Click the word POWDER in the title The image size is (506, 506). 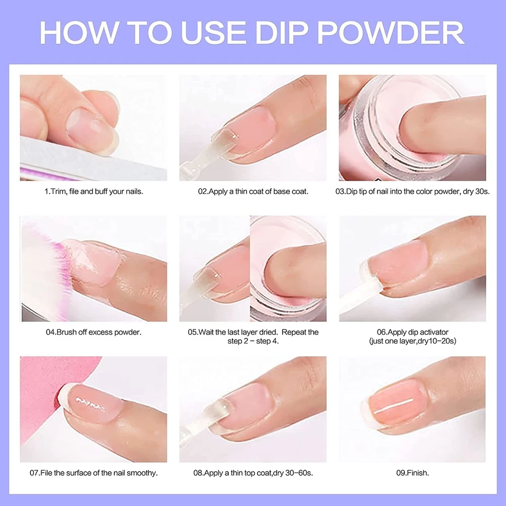point(391,32)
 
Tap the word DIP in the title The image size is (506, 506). point(282,32)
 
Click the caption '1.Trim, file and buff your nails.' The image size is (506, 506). point(94,191)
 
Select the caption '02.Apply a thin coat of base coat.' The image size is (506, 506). point(253,191)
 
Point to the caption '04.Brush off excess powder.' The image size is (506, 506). point(94,332)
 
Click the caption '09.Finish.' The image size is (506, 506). point(412,473)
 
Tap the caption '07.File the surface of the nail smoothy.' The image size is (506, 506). point(94,473)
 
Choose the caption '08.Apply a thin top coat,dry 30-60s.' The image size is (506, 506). point(253,473)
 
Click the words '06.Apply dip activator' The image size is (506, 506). point(412,332)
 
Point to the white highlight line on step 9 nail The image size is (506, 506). point(394,406)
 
